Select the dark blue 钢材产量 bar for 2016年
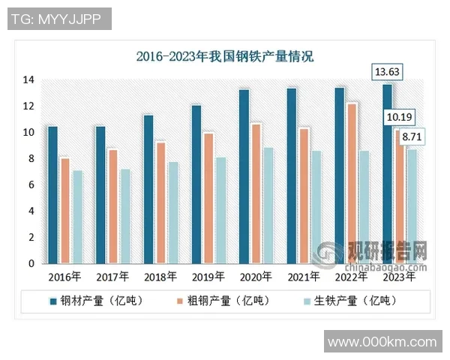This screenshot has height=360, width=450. point(52,195)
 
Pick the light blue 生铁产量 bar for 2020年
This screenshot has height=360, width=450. point(268,205)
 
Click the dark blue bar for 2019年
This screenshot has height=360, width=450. point(196,184)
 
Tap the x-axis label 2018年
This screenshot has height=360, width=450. point(160,277)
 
